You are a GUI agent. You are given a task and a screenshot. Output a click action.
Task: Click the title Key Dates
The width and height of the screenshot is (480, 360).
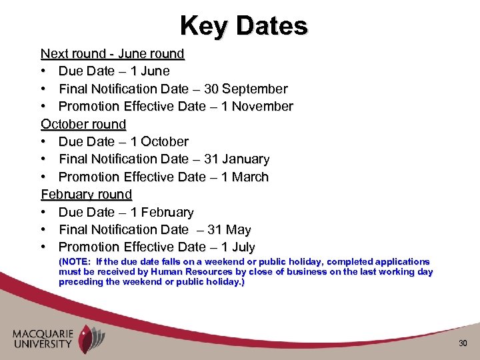pos(243,26)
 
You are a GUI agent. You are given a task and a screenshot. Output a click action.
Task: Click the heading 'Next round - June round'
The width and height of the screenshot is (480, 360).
pos(112,53)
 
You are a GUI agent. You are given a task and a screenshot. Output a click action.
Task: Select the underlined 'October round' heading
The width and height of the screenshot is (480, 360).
pos(83,124)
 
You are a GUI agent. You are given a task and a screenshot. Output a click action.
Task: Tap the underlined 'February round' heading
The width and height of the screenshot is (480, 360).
pos(87,195)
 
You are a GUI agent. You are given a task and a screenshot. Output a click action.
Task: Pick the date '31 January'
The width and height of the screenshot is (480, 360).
pos(238,159)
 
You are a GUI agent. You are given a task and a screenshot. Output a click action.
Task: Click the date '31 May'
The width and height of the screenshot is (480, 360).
pos(229,230)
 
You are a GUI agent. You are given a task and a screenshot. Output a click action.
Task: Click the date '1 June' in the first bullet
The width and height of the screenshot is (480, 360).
pos(150,71)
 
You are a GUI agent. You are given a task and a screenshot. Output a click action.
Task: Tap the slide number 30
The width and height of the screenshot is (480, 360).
pos(463,343)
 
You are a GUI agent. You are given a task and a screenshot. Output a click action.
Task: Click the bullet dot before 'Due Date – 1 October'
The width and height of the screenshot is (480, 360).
pos(43,142)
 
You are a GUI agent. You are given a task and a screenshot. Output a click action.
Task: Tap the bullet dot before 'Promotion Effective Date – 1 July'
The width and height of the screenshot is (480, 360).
pos(43,247)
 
